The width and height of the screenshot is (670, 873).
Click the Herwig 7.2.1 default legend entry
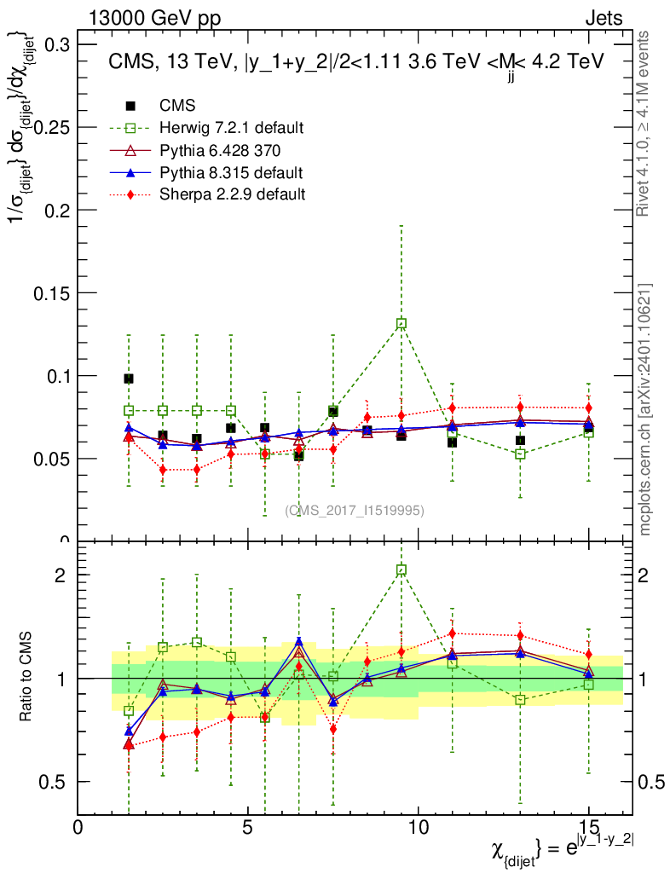click(231, 128)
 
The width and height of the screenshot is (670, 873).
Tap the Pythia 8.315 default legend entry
click(230, 172)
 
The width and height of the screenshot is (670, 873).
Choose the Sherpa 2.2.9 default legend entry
click(232, 194)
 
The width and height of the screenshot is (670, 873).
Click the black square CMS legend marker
click(130, 106)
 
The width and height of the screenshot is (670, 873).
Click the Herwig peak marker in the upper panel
click(401, 324)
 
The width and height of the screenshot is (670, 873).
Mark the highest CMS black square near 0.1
click(129, 379)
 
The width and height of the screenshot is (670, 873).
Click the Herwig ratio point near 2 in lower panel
click(401, 569)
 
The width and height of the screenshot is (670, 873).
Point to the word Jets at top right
click(604, 19)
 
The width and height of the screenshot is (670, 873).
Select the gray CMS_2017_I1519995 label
click(355, 510)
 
